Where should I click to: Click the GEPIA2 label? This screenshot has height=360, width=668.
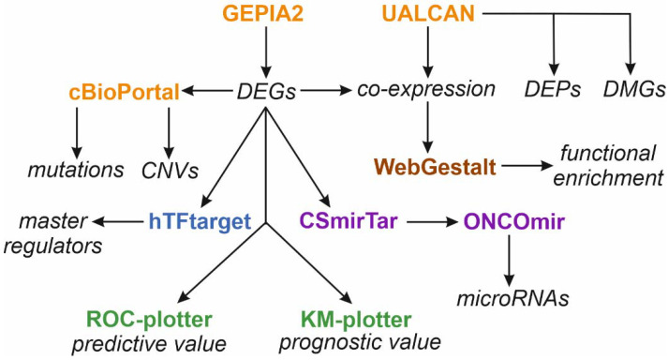[x=267, y=17]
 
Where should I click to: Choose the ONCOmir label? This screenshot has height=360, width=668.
[x=511, y=223]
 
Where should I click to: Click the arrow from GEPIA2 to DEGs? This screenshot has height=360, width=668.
[x=267, y=52]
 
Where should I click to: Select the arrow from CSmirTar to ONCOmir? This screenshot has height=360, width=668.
[x=428, y=223]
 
